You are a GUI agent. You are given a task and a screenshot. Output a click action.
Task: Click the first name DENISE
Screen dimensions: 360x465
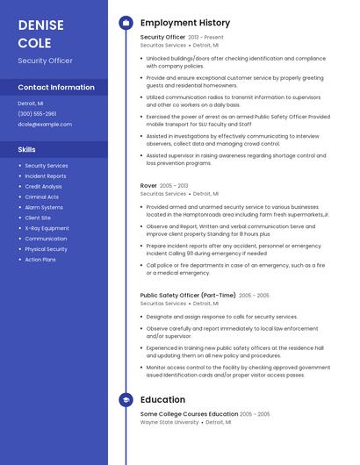(x=40, y=25)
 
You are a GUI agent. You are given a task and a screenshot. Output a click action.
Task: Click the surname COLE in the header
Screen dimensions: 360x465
(x=34, y=43)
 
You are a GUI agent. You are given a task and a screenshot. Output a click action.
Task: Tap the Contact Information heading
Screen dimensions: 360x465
(x=56, y=87)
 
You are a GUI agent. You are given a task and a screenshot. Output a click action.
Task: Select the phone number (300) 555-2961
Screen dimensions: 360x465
(x=37, y=113)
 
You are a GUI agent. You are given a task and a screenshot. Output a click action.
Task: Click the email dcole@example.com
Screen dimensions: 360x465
(x=45, y=124)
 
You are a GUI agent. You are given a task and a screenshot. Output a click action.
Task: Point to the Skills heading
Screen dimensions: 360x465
(x=26, y=149)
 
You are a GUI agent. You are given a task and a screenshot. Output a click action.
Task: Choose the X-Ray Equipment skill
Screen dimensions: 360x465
(x=47, y=228)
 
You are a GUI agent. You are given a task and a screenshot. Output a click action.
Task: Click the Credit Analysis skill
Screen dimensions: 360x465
(x=43, y=186)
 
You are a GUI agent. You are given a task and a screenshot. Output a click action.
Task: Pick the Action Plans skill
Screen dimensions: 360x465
(x=40, y=260)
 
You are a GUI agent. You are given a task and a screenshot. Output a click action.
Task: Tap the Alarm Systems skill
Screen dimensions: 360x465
(x=44, y=207)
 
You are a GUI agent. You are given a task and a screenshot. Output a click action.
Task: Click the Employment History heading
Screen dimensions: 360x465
(x=185, y=23)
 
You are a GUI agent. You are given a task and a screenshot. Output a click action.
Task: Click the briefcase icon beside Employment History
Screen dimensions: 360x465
(x=126, y=23)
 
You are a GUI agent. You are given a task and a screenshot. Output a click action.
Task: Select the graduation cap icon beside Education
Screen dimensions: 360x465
(x=126, y=400)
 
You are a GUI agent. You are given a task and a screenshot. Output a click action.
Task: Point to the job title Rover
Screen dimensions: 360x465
(x=148, y=186)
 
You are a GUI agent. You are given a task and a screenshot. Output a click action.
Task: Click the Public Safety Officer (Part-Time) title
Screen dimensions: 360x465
(x=188, y=296)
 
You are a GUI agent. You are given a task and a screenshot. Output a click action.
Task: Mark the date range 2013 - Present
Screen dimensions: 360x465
(x=206, y=38)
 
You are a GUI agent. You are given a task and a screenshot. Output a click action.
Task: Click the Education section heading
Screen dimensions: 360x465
(x=162, y=400)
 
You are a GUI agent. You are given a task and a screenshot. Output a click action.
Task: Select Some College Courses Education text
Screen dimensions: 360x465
(x=189, y=414)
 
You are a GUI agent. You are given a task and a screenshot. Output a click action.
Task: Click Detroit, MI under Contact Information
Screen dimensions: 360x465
(x=31, y=103)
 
